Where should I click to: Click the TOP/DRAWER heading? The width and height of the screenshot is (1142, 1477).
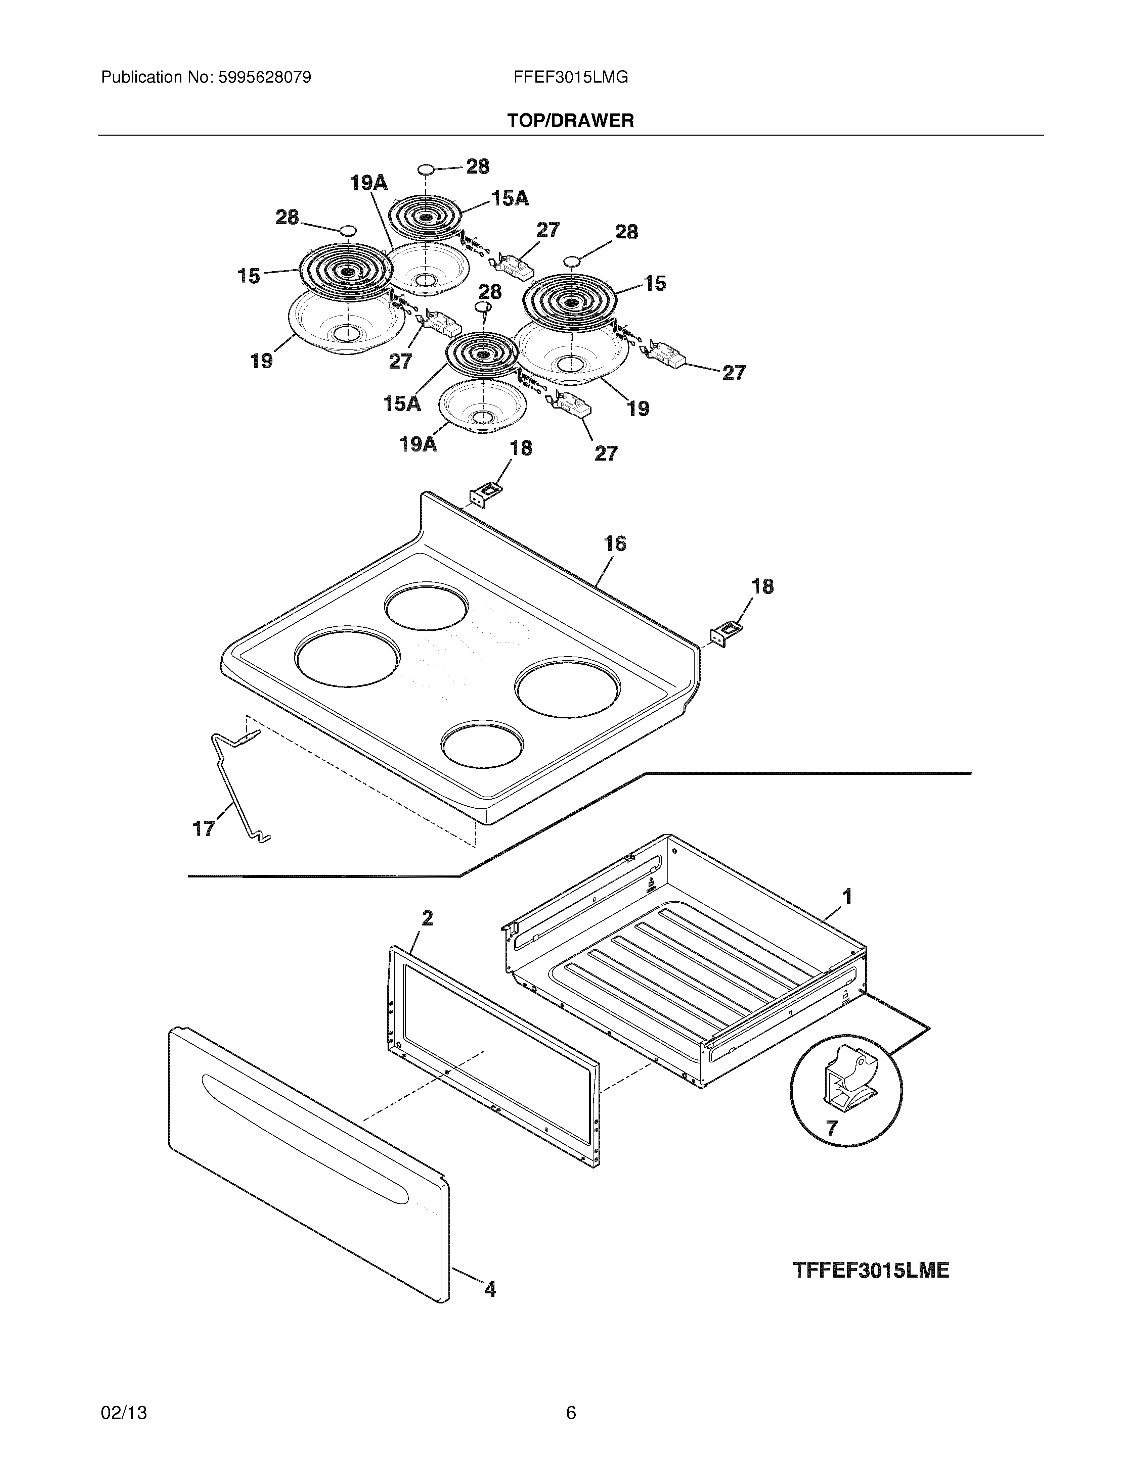pyautogui.click(x=570, y=121)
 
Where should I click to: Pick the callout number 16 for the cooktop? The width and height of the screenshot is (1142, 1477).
pyautogui.click(x=615, y=544)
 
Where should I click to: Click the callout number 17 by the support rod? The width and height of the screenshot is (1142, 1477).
pyautogui.click(x=204, y=828)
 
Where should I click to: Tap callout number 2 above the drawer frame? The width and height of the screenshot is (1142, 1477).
pyautogui.click(x=428, y=918)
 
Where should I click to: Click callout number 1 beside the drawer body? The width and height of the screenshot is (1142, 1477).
pyautogui.click(x=846, y=897)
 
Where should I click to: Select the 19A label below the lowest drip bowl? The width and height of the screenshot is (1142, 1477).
pyautogui.click(x=418, y=444)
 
